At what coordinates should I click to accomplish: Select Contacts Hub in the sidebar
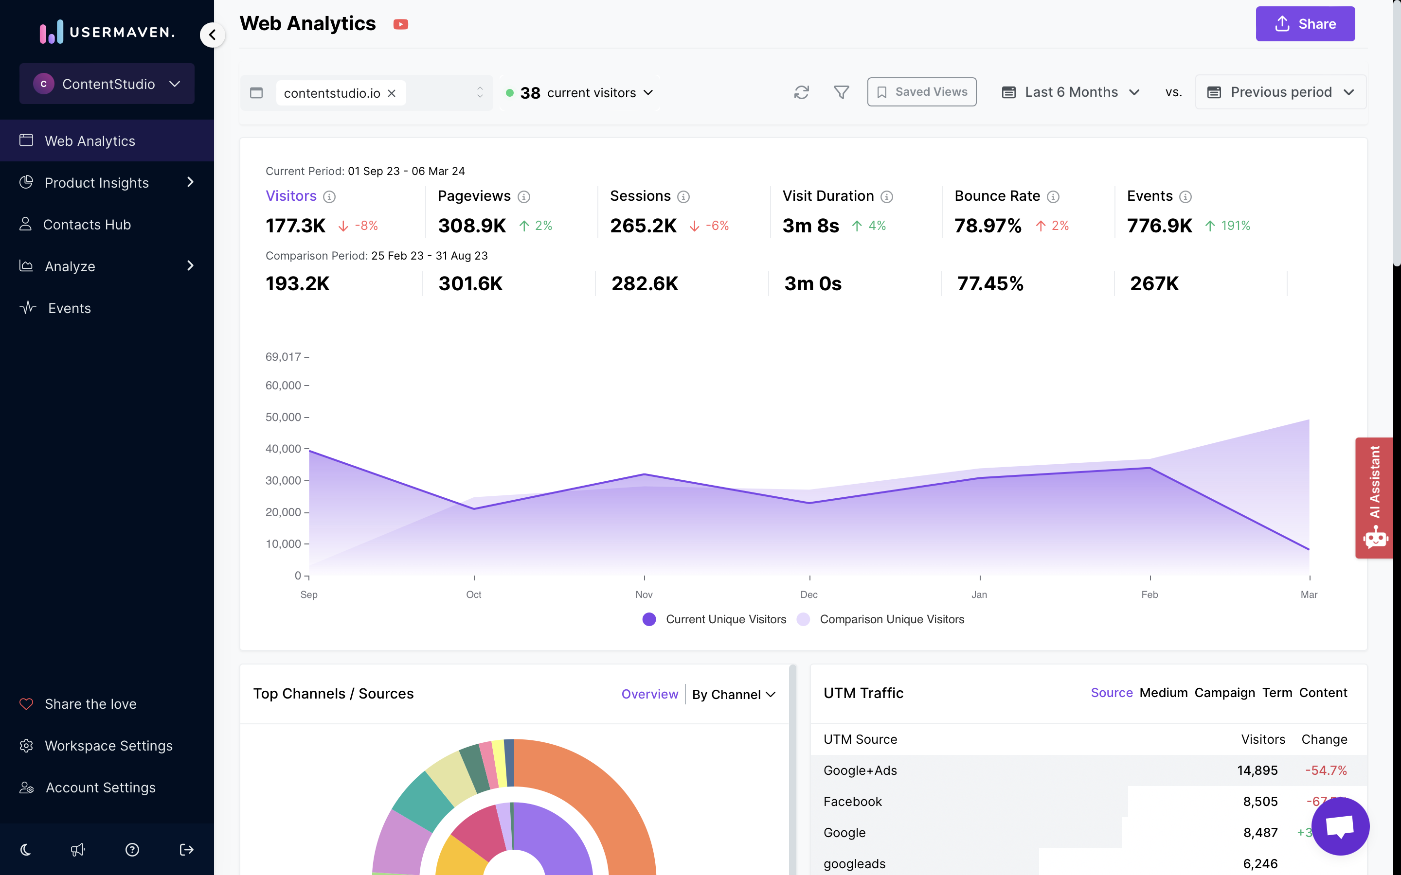(x=87, y=225)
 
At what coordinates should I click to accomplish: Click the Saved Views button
(x=922, y=92)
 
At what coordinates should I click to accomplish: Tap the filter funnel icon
(x=841, y=92)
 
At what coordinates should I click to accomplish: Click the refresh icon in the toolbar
(x=801, y=92)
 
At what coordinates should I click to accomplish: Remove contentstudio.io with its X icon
(x=392, y=93)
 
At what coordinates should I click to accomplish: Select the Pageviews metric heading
(x=473, y=196)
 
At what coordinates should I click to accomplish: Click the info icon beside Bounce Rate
(x=1053, y=197)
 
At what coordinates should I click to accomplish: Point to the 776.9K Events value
(x=1159, y=226)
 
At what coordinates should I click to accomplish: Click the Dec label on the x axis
(x=809, y=595)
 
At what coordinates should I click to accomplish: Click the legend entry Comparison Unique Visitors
(x=891, y=619)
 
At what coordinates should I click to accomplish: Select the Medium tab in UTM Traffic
(x=1163, y=693)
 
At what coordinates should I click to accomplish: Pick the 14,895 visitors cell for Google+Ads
(x=1257, y=770)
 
